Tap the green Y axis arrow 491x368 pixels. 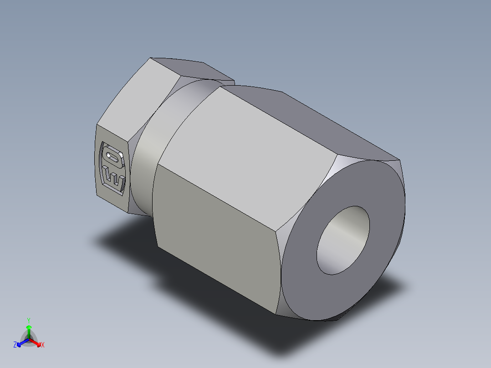[28, 329]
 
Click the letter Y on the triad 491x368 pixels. [28, 320]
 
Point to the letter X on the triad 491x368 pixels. [43, 346]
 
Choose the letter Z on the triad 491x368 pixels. [15, 345]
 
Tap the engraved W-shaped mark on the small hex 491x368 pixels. [113, 178]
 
